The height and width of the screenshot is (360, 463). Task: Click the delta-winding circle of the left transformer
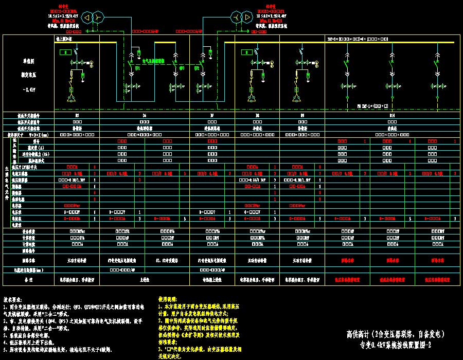[86, 18]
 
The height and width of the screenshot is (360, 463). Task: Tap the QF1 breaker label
[137, 68]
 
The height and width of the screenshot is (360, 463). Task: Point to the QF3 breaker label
[181, 68]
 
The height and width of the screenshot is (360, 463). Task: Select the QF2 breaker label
[197, 68]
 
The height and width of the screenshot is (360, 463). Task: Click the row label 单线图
[29, 61]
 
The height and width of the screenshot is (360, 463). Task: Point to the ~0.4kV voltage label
[29, 89]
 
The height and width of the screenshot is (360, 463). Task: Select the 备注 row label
[29, 280]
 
